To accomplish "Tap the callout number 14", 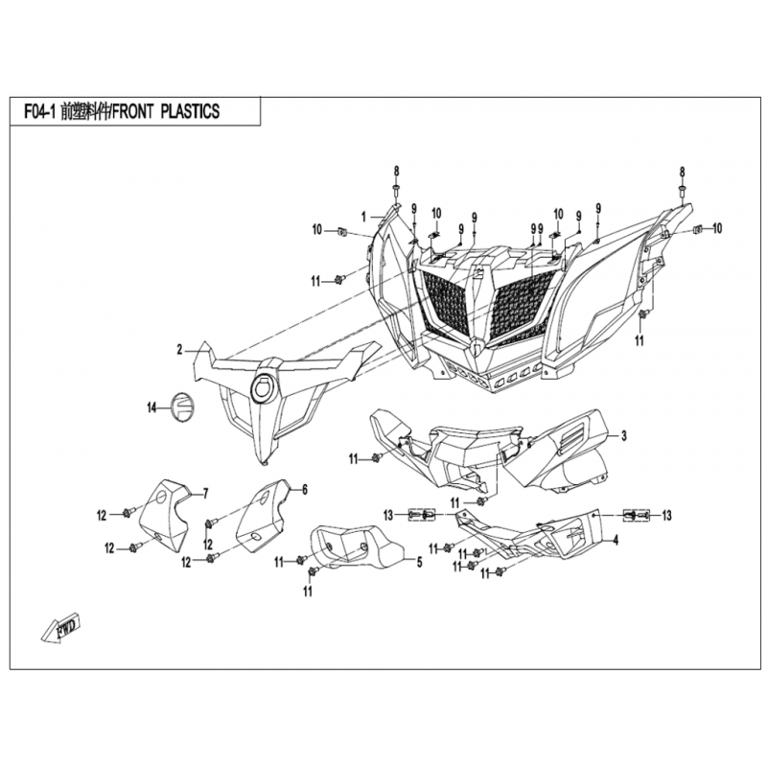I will (151, 408).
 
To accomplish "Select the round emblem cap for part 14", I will (182, 407).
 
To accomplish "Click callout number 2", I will (179, 350).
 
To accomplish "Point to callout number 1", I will (364, 217).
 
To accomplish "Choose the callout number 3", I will (623, 436).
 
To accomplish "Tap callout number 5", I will (418, 562).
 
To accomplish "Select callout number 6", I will (304, 489).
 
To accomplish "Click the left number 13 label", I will (389, 516).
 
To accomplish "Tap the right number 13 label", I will (665, 516).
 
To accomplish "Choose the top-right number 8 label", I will (683, 171).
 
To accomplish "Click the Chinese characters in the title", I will (84, 111).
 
